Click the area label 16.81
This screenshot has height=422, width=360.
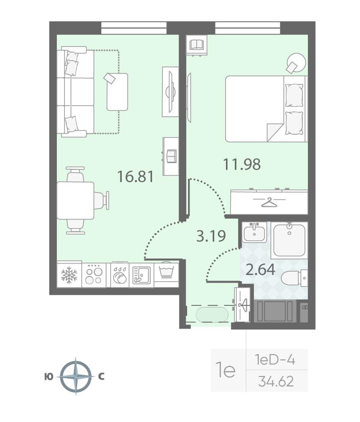(135, 176)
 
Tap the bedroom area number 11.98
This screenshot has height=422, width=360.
(242, 164)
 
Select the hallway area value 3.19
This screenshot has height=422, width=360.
(211, 236)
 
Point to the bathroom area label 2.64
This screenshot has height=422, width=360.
(261, 269)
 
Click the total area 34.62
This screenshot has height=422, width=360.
(276, 381)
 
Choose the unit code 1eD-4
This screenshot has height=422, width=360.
(275, 360)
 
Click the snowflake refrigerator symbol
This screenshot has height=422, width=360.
(69, 275)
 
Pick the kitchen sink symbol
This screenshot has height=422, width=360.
(142, 275)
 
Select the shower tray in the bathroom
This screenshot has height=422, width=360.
(289, 240)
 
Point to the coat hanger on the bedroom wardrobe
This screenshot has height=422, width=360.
(270, 202)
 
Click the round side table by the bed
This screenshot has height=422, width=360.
(296, 63)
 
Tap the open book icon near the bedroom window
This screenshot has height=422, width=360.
(198, 45)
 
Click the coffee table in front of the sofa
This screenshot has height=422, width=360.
(117, 92)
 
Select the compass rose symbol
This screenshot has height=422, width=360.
(76, 376)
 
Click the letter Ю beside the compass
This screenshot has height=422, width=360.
(49, 377)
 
